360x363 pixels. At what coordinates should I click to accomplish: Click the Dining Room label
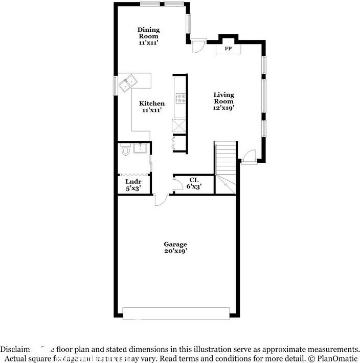(x=148, y=33)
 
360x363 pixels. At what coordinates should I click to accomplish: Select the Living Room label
(x=223, y=98)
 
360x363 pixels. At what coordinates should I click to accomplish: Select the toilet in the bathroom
(x=125, y=151)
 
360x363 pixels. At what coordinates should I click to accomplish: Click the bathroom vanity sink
(x=141, y=149)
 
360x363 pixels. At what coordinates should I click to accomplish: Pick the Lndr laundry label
(x=133, y=182)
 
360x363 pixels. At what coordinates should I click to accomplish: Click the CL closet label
(x=194, y=180)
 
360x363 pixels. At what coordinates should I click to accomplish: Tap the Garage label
(x=175, y=244)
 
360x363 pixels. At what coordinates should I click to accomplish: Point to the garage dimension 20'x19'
(x=175, y=251)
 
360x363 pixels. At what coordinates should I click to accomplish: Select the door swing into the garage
(x=160, y=200)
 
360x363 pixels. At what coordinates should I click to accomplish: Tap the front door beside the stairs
(x=249, y=156)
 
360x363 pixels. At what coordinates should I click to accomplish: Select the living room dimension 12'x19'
(x=223, y=108)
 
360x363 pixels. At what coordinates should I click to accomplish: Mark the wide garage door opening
(x=175, y=313)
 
